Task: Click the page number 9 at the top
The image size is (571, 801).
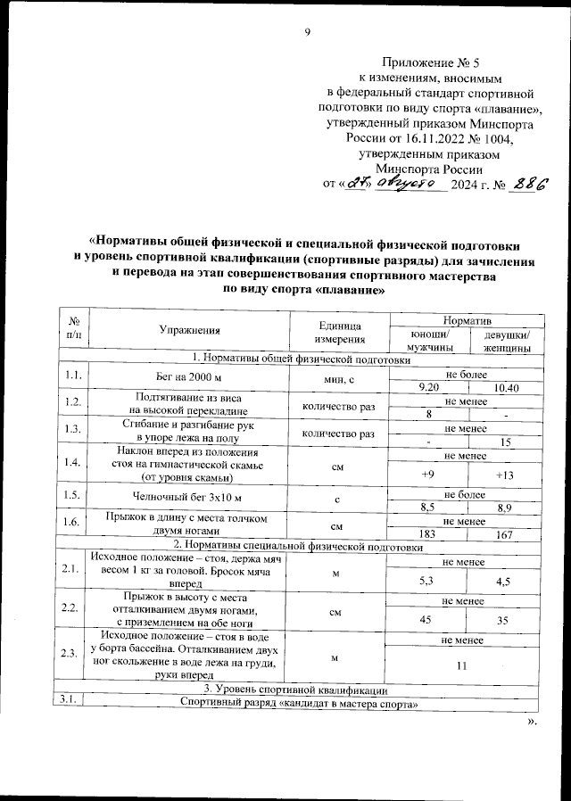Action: point(308,33)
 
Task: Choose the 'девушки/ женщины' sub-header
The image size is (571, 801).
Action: point(506,340)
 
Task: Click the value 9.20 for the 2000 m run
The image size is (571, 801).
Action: point(429,387)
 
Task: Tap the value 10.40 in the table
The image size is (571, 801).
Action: point(505,387)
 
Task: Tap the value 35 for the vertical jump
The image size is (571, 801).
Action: point(505,618)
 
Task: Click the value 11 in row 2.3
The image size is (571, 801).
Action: point(461,665)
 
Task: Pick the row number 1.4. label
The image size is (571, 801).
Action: point(72,462)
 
